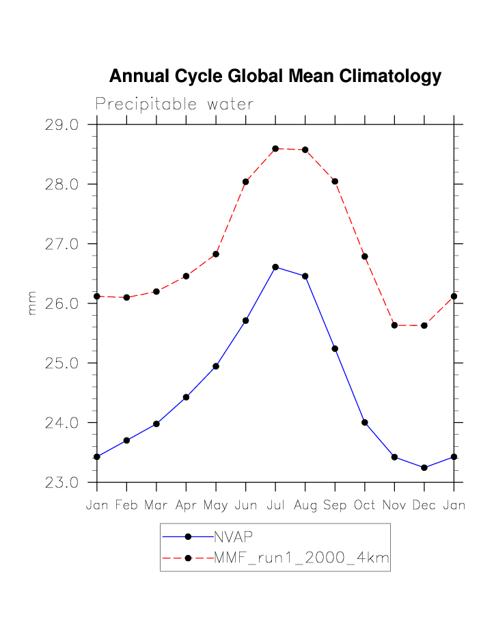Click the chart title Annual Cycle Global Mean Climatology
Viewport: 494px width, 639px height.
(275, 76)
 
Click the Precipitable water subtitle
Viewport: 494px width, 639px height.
(174, 105)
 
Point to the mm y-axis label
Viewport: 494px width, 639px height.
(31, 303)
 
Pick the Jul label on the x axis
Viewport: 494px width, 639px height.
(275, 506)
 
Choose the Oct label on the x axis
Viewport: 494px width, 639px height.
(365, 506)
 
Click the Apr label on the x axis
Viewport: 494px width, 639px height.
(186, 506)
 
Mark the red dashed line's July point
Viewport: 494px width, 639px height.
(275, 148)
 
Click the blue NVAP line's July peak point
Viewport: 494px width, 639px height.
(275, 267)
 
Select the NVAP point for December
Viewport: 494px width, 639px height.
(424, 467)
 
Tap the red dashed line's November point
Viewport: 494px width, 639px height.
(394, 325)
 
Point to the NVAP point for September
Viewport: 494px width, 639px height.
(335, 349)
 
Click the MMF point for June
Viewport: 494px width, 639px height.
(245, 182)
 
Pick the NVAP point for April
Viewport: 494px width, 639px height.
(186, 397)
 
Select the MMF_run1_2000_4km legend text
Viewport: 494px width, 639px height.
(301, 558)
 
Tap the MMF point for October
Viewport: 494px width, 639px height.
(365, 256)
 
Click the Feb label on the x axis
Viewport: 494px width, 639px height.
(126, 506)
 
